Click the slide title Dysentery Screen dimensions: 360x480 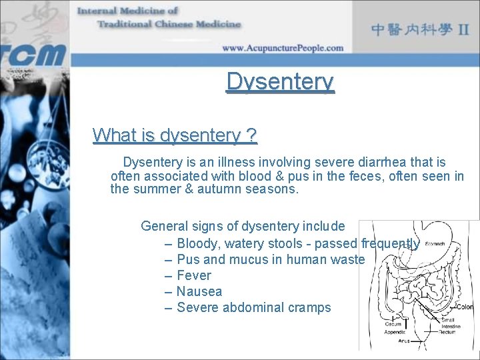point(280,82)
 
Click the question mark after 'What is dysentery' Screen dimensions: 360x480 point(251,135)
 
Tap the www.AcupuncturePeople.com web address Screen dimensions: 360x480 point(283,48)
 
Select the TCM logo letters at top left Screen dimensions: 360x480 point(33,53)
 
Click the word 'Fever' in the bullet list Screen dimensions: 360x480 point(193,275)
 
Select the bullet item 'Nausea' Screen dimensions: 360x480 point(199,291)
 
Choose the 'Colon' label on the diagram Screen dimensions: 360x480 point(465,307)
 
